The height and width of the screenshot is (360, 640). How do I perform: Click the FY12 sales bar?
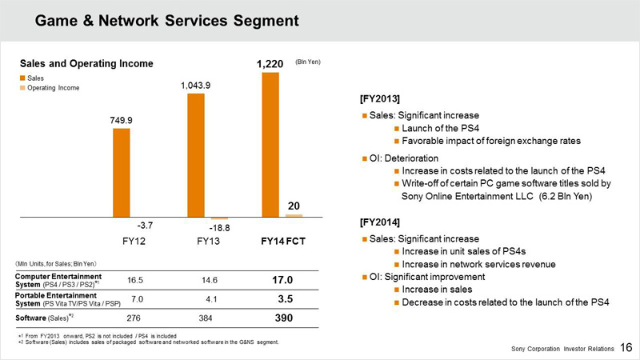[121, 172]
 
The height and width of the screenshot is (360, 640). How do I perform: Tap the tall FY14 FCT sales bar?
[270, 145]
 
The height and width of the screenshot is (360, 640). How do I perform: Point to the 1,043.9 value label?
[195, 84]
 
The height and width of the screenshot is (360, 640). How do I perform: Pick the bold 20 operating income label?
[294, 206]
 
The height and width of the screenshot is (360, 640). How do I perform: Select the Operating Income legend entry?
[53, 88]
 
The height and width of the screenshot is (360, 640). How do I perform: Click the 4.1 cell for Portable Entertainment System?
[210, 299]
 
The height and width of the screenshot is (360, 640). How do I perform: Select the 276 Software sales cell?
[135, 318]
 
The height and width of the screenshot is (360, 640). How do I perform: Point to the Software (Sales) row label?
[45, 318]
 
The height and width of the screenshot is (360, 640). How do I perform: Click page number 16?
[626, 349]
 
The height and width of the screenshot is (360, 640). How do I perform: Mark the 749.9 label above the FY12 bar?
[121, 120]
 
